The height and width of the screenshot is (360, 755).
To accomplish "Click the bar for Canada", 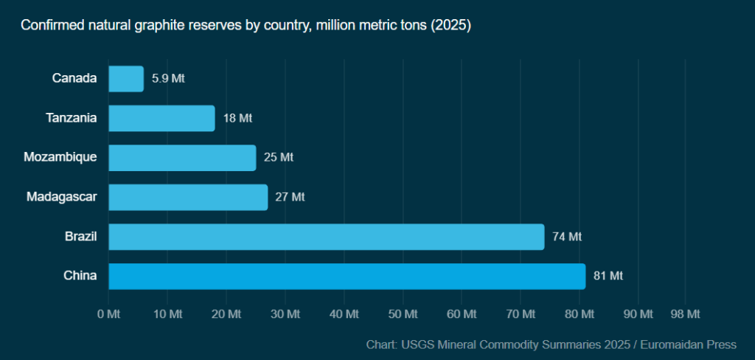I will [126, 79].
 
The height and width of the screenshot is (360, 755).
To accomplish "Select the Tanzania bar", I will [161, 118].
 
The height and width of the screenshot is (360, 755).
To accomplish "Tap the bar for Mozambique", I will [182, 158].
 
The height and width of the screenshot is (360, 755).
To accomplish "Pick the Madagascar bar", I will [188, 197].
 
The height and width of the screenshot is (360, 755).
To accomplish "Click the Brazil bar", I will [326, 237].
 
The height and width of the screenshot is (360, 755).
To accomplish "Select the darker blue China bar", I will [347, 276].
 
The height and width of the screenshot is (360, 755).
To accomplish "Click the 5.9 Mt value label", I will [168, 79].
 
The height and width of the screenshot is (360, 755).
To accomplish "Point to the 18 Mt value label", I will [238, 118].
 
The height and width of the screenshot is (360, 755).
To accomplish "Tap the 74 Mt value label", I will [567, 237].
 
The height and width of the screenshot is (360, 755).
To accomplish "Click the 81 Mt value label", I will [608, 276].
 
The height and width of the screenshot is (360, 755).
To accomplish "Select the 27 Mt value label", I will [289, 197].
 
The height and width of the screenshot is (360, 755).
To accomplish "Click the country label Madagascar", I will [62, 197].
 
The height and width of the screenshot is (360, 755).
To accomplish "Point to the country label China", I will [80, 276].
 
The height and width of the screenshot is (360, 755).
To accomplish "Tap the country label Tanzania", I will [72, 118].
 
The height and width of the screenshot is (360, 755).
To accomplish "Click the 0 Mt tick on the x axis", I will [108, 314].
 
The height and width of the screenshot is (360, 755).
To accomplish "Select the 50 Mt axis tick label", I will [403, 314].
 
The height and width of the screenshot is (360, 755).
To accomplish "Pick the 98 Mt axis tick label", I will [685, 314].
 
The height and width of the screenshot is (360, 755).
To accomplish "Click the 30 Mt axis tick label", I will [285, 314].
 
